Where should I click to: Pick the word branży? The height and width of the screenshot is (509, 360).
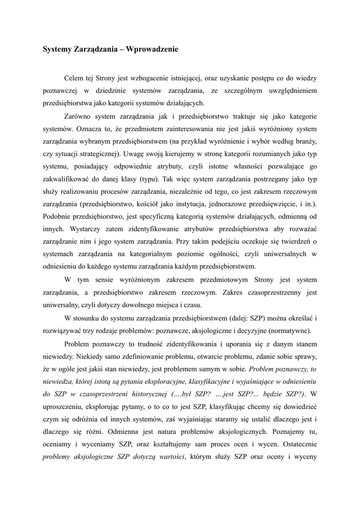(305, 142)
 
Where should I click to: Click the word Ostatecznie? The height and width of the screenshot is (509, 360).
(296, 444)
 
